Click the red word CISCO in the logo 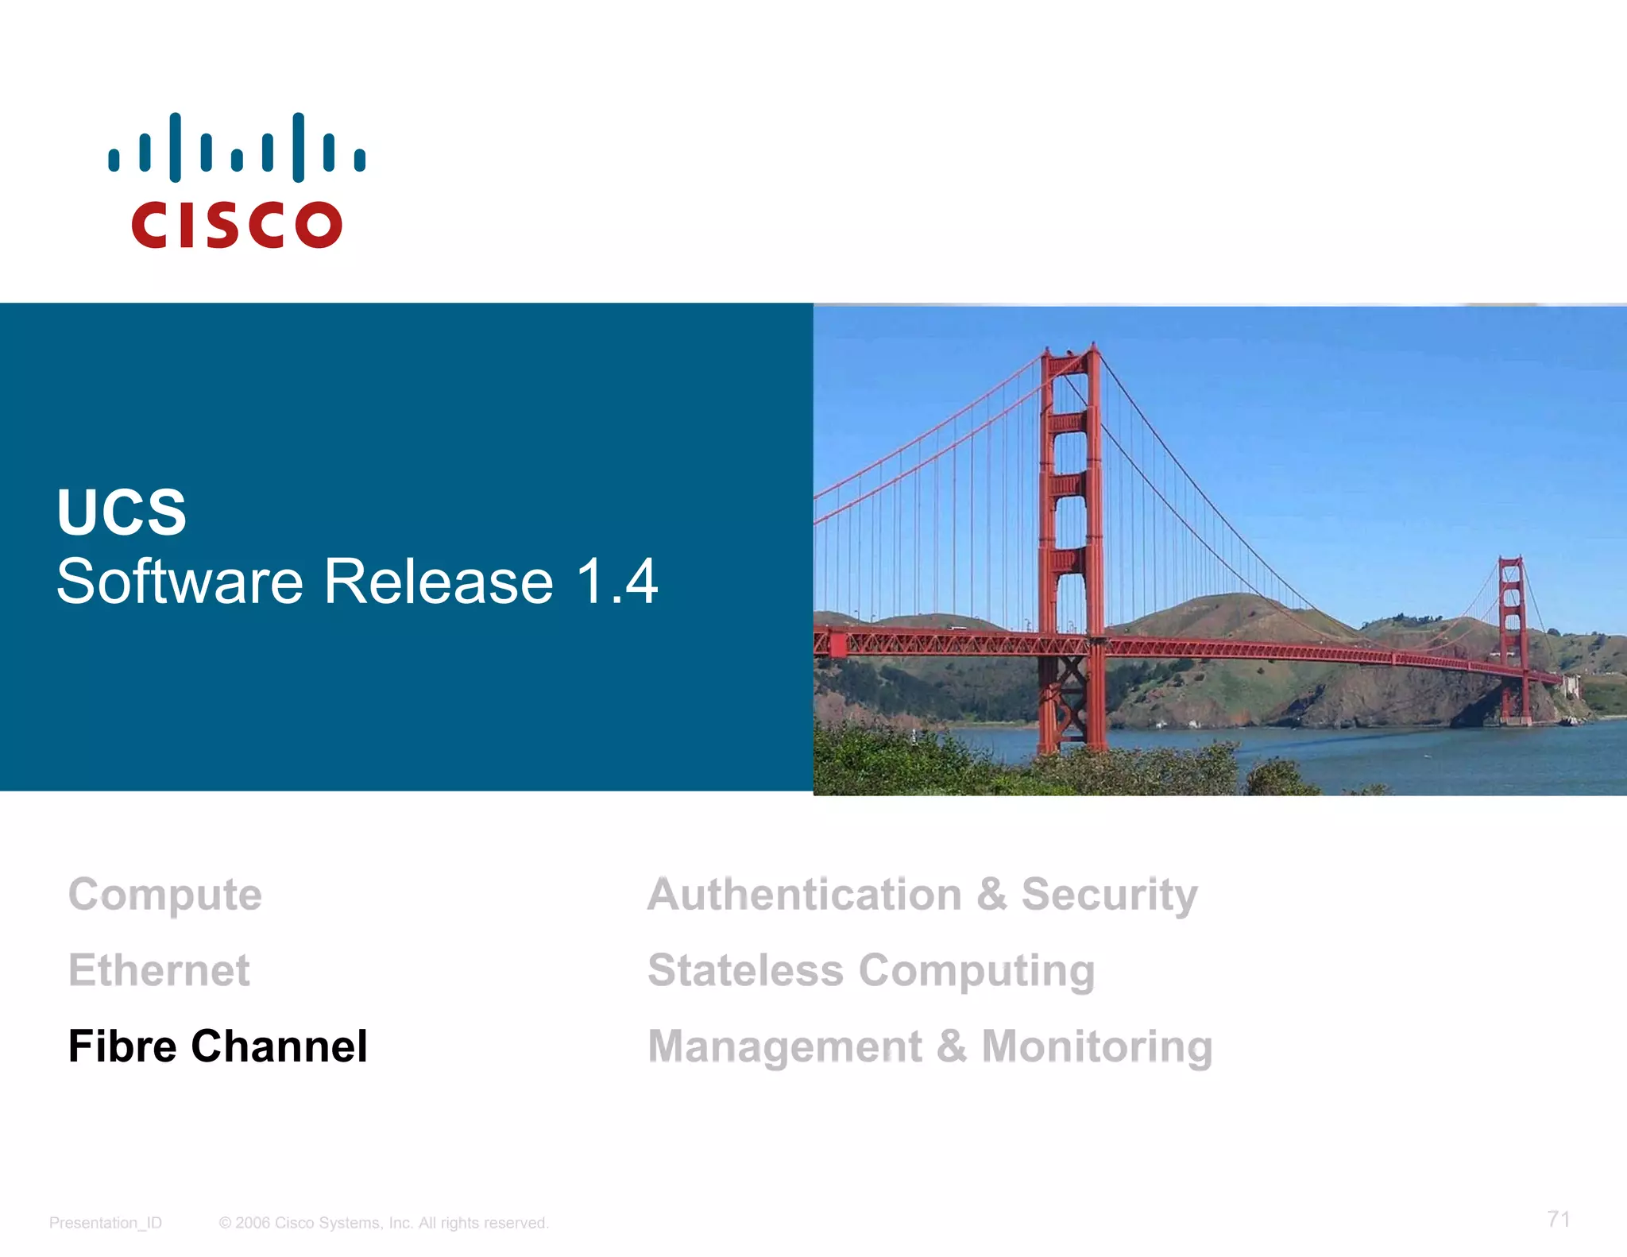click(x=237, y=225)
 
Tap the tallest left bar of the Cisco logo click(x=176, y=147)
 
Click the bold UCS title click(x=122, y=512)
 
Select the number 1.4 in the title click(x=616, y=582)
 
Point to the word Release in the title click(x=439, y=582)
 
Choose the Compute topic click(x=165, y=895)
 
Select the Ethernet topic click(x=159, y=970)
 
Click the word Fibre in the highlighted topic click(x=122, y=1046)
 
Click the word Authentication click(x=805, y=895)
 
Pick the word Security click(x=1109, y=895)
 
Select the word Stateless click(x=745, y=970)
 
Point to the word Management click(x=785, y=1046)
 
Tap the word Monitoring click(x=1097, y=1046)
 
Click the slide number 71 click(x=1558, y=1219)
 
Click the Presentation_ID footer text click(x=106, y=1223)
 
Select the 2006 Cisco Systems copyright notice click(x=384, y=1223)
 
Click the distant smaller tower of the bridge click(x=1513, y=636)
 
